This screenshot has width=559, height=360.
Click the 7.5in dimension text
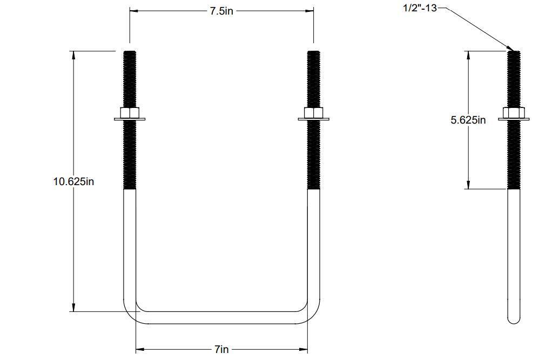click(221, 11)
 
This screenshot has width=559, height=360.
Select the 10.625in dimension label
click(73, 181)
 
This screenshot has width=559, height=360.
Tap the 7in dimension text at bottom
click(221, 349)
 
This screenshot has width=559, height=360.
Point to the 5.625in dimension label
click(468, 120)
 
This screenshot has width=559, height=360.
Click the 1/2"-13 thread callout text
click(420, 8)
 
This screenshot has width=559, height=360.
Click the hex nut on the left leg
click(130, 113)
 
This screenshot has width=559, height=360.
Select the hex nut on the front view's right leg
click(314, 113)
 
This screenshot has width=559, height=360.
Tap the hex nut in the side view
click(514, 113)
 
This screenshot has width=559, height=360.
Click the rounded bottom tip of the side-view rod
click(514, 320)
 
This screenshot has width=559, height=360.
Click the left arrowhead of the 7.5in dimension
click(133, 10)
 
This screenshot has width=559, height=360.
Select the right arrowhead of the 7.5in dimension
click(310, 10)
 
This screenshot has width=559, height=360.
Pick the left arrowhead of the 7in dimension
click(139, 349)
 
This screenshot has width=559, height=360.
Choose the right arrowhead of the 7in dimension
click(304, 349)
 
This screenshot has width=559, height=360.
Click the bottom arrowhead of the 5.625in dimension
click(468, 185)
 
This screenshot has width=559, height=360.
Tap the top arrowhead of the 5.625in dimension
click(468, 55)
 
